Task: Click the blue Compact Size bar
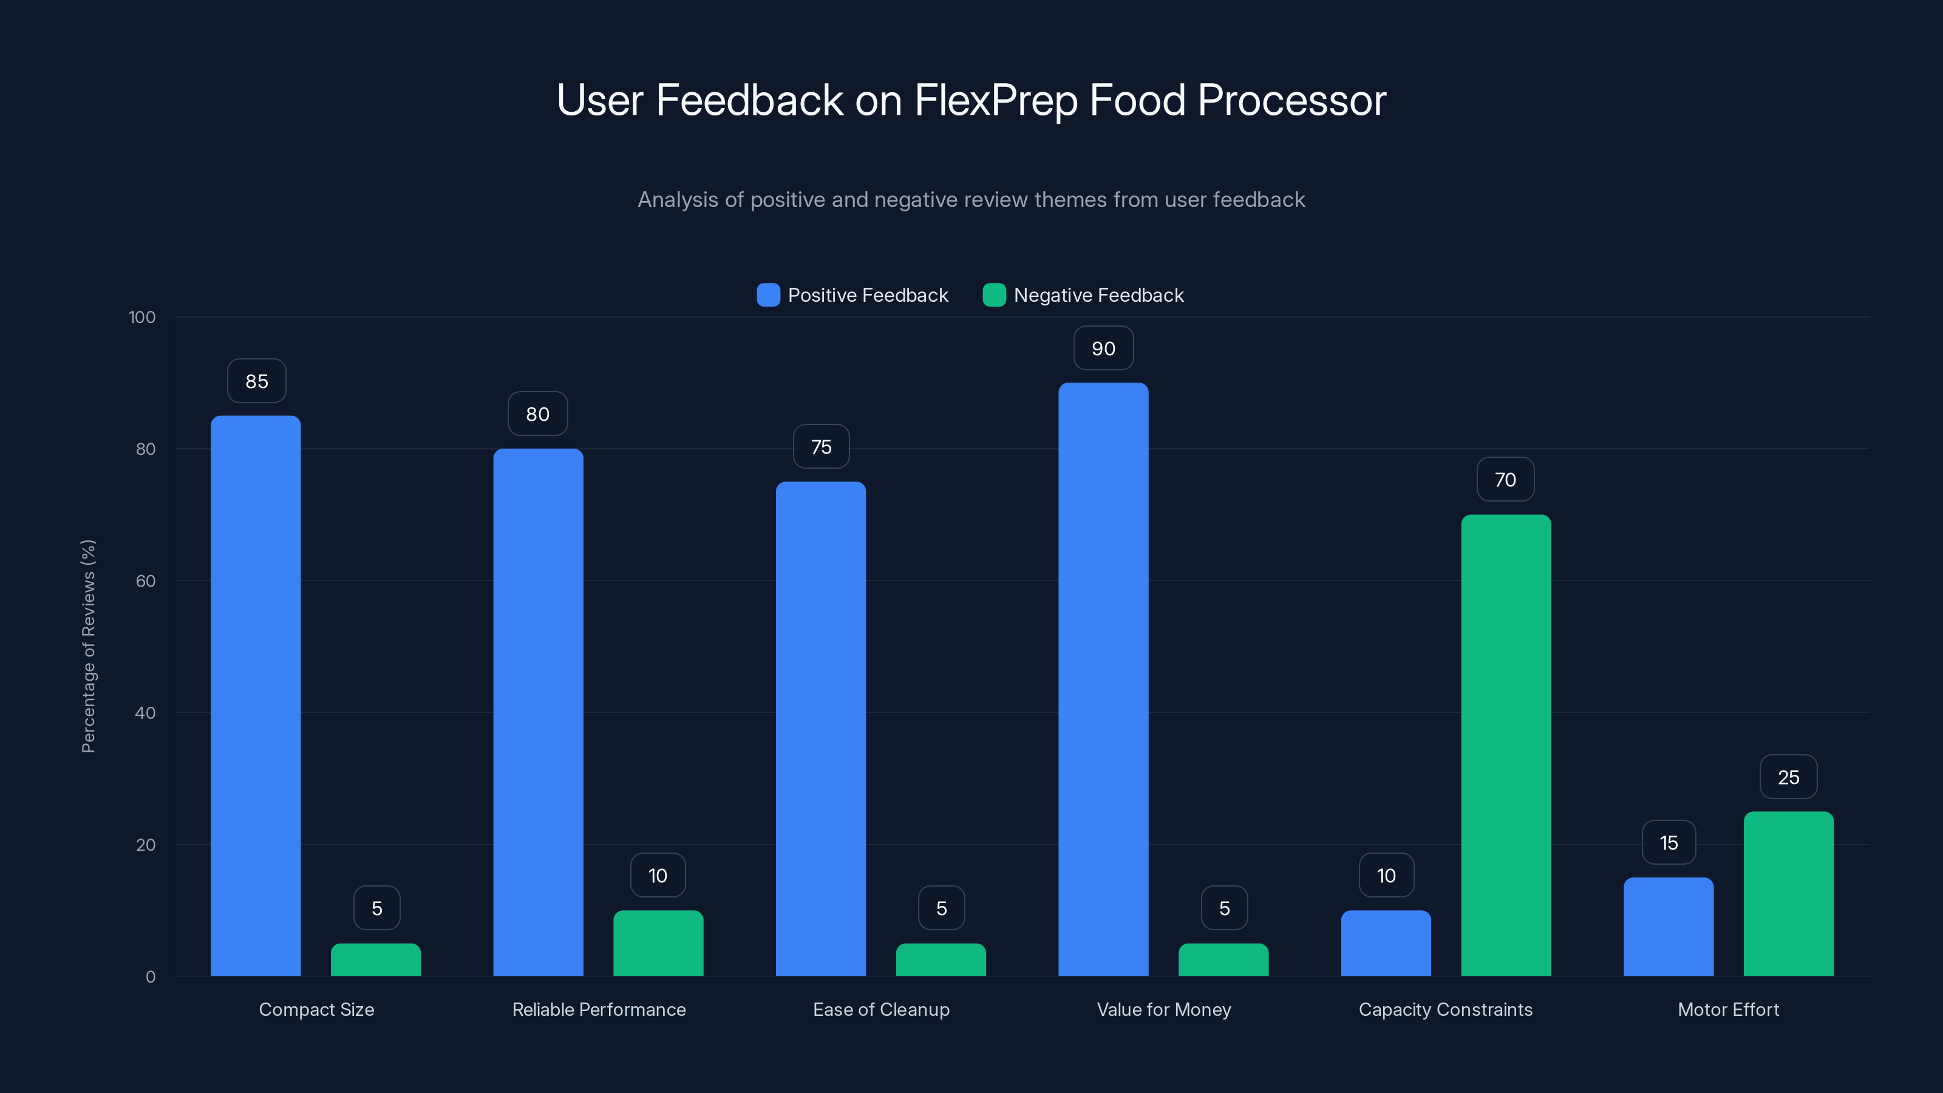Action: pos(256,695)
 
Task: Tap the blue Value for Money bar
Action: pos(1103,679)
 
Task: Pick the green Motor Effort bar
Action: pos(1788,893)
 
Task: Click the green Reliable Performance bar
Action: pos(658,943)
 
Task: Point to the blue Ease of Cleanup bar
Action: pos(821,728)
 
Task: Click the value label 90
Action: pos(1103,349)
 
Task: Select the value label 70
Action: pos(1505,480)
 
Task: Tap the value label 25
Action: pos(1788,777)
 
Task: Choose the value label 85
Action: pos(256,381)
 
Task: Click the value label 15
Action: pos(1669,843)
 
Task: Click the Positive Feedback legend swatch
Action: pos(768,295)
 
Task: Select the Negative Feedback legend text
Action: pos(1098,295)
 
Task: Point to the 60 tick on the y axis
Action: pos(146,581)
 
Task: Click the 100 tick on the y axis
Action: pos(142,317)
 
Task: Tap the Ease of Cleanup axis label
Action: pos(881,1009)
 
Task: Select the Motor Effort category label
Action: pos(1728,1009)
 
